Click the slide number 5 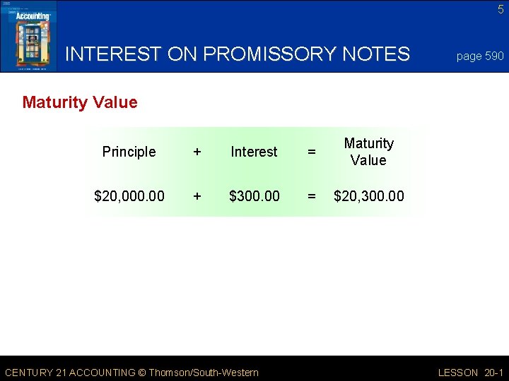pos(501,9)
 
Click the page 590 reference pos(480,56)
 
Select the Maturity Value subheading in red pos(80,102)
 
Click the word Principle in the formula pos(129,152)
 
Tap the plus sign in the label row pos(197,152)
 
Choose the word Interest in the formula pos(254,152)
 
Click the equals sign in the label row pos(310,152)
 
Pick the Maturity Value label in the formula pos(368,152)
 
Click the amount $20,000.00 pos(129,195)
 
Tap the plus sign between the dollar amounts pos(197,195)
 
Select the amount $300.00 pos(254,195)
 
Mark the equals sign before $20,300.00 pos(310,195)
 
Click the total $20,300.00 pos(369,195)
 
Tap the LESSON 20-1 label pos(471,373)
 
